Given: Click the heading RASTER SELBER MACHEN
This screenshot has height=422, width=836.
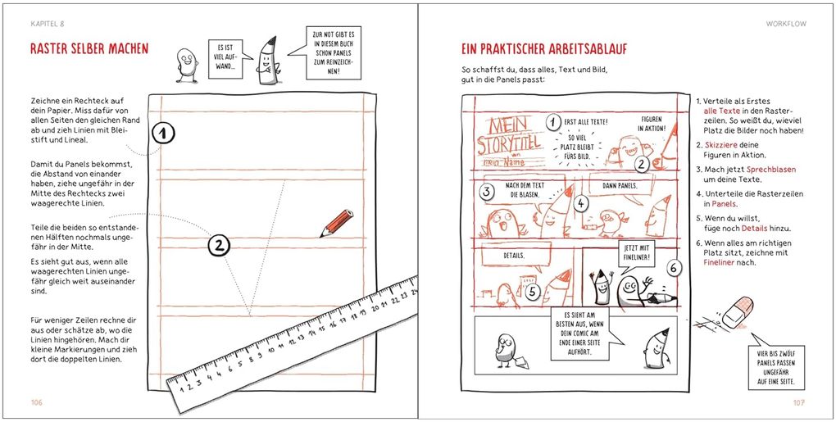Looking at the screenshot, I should tap(89, 49).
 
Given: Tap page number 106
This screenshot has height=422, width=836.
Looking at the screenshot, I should tap(36, 402).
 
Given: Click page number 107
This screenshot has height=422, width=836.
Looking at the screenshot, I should tap(799, 402).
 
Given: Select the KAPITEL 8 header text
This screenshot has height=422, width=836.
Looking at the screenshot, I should tap(47, 24).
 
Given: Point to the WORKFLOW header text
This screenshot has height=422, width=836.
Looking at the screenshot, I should tap(786, 24).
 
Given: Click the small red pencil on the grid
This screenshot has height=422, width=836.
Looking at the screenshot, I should tap(337, 223).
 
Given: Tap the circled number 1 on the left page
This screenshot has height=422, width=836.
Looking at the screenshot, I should tap(165, 133).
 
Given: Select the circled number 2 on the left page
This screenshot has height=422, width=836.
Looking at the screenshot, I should tap(219, 244).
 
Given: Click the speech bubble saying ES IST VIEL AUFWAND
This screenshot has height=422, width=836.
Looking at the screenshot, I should tap(225, 59).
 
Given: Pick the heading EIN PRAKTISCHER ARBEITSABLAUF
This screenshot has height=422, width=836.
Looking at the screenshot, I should tap(544, 49).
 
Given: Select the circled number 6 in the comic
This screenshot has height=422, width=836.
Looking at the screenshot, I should tap(673, 268).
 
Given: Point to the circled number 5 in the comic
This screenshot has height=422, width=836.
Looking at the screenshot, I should tap(530, 291).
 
